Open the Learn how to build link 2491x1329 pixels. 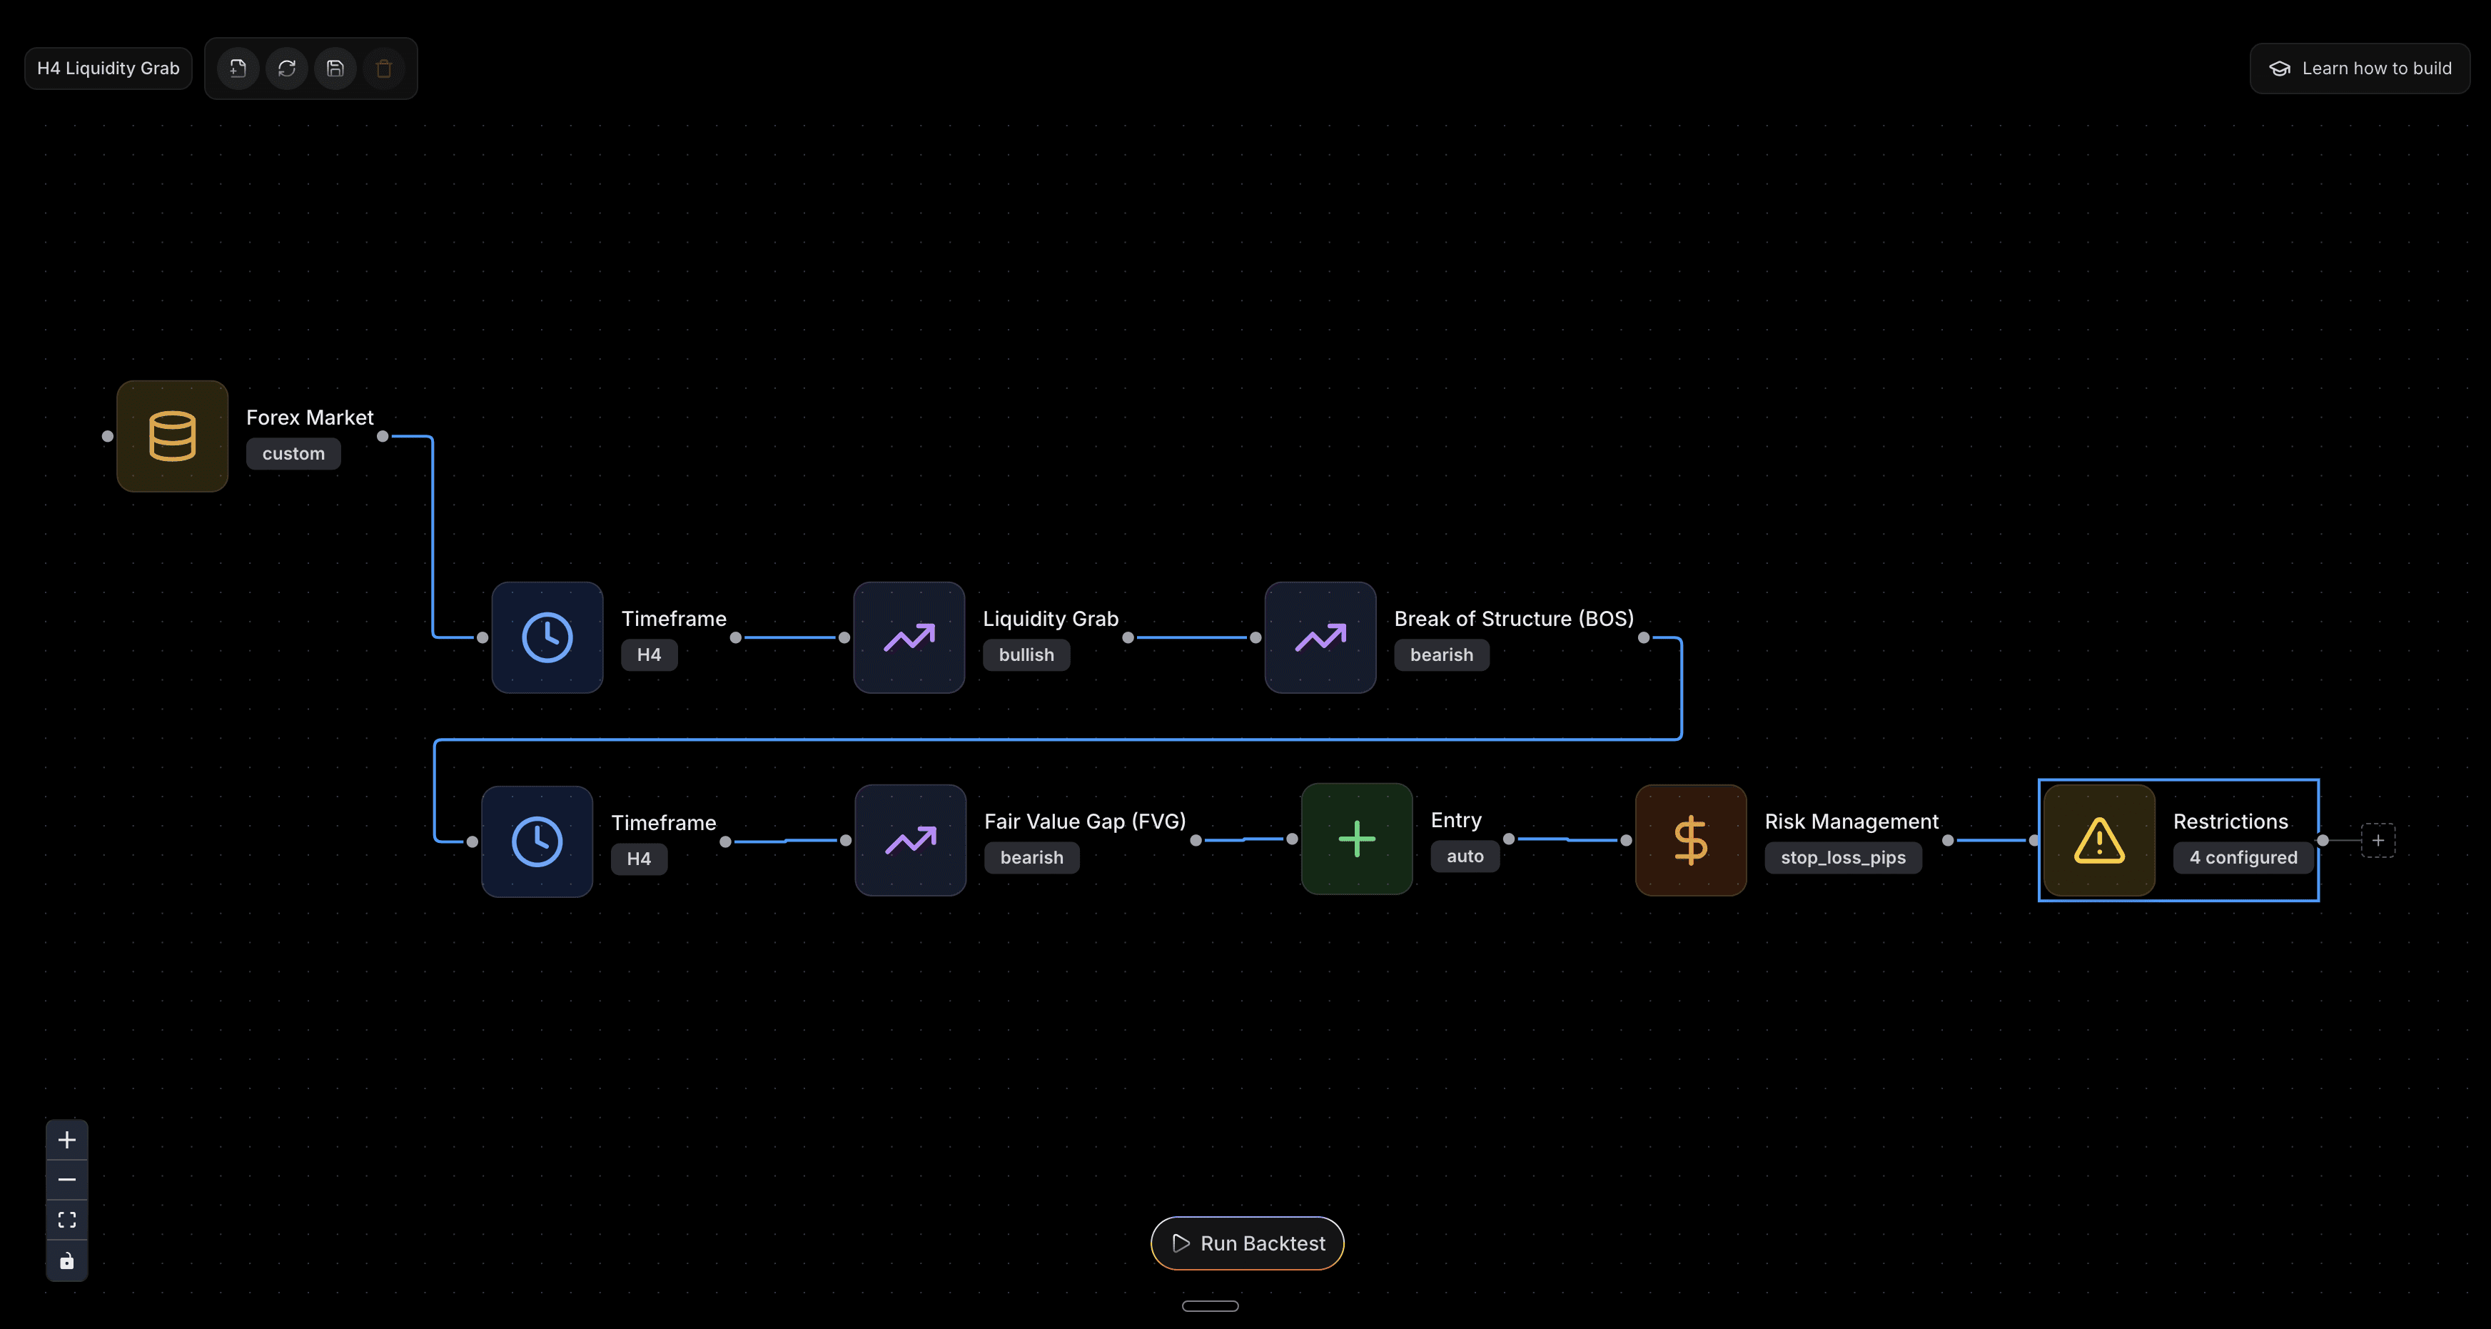tap(2360, 69)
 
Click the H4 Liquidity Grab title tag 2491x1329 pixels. tap(108, 69)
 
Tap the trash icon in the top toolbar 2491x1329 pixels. tap(384, 69)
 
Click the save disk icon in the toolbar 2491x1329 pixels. tap(335, 69)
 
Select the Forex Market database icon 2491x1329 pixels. tap(172, 436)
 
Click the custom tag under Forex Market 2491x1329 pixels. tap(293, 454)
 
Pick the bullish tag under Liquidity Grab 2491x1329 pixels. tap(1026, 655)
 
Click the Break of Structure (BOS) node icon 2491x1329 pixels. tap(1320, 637)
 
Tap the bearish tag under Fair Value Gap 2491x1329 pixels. tap(1031, 858)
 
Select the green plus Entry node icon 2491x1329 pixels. tap(1357, 839)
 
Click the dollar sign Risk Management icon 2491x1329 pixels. tap(1690, 839)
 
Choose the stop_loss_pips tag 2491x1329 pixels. tap(1842, 858)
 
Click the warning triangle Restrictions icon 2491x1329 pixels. tap(2098, 839)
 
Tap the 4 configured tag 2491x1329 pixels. tap(2243, 858)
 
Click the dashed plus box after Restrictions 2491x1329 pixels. tap(2378, 839)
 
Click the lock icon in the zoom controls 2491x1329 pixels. tap(66, 1260)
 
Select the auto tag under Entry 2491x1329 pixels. tap(1464, 856)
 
